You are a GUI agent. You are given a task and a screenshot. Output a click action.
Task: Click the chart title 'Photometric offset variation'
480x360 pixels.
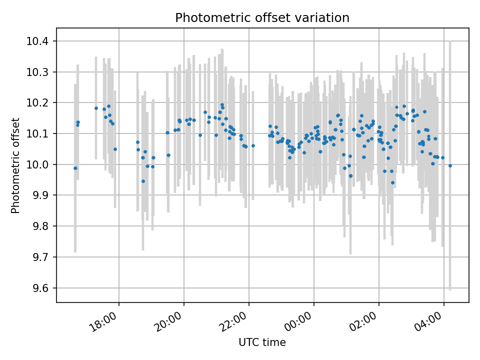click(x=262, y=18)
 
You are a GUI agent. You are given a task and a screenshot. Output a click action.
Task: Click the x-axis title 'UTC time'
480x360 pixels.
click(x=262, y=342)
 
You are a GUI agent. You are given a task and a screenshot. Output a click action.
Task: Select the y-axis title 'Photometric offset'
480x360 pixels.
click(x=15, y=165)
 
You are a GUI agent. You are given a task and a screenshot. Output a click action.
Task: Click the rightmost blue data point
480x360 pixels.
click(x=450, y=165)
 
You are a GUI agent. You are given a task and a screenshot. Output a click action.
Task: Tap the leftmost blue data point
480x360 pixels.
click(x=75, y=168)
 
